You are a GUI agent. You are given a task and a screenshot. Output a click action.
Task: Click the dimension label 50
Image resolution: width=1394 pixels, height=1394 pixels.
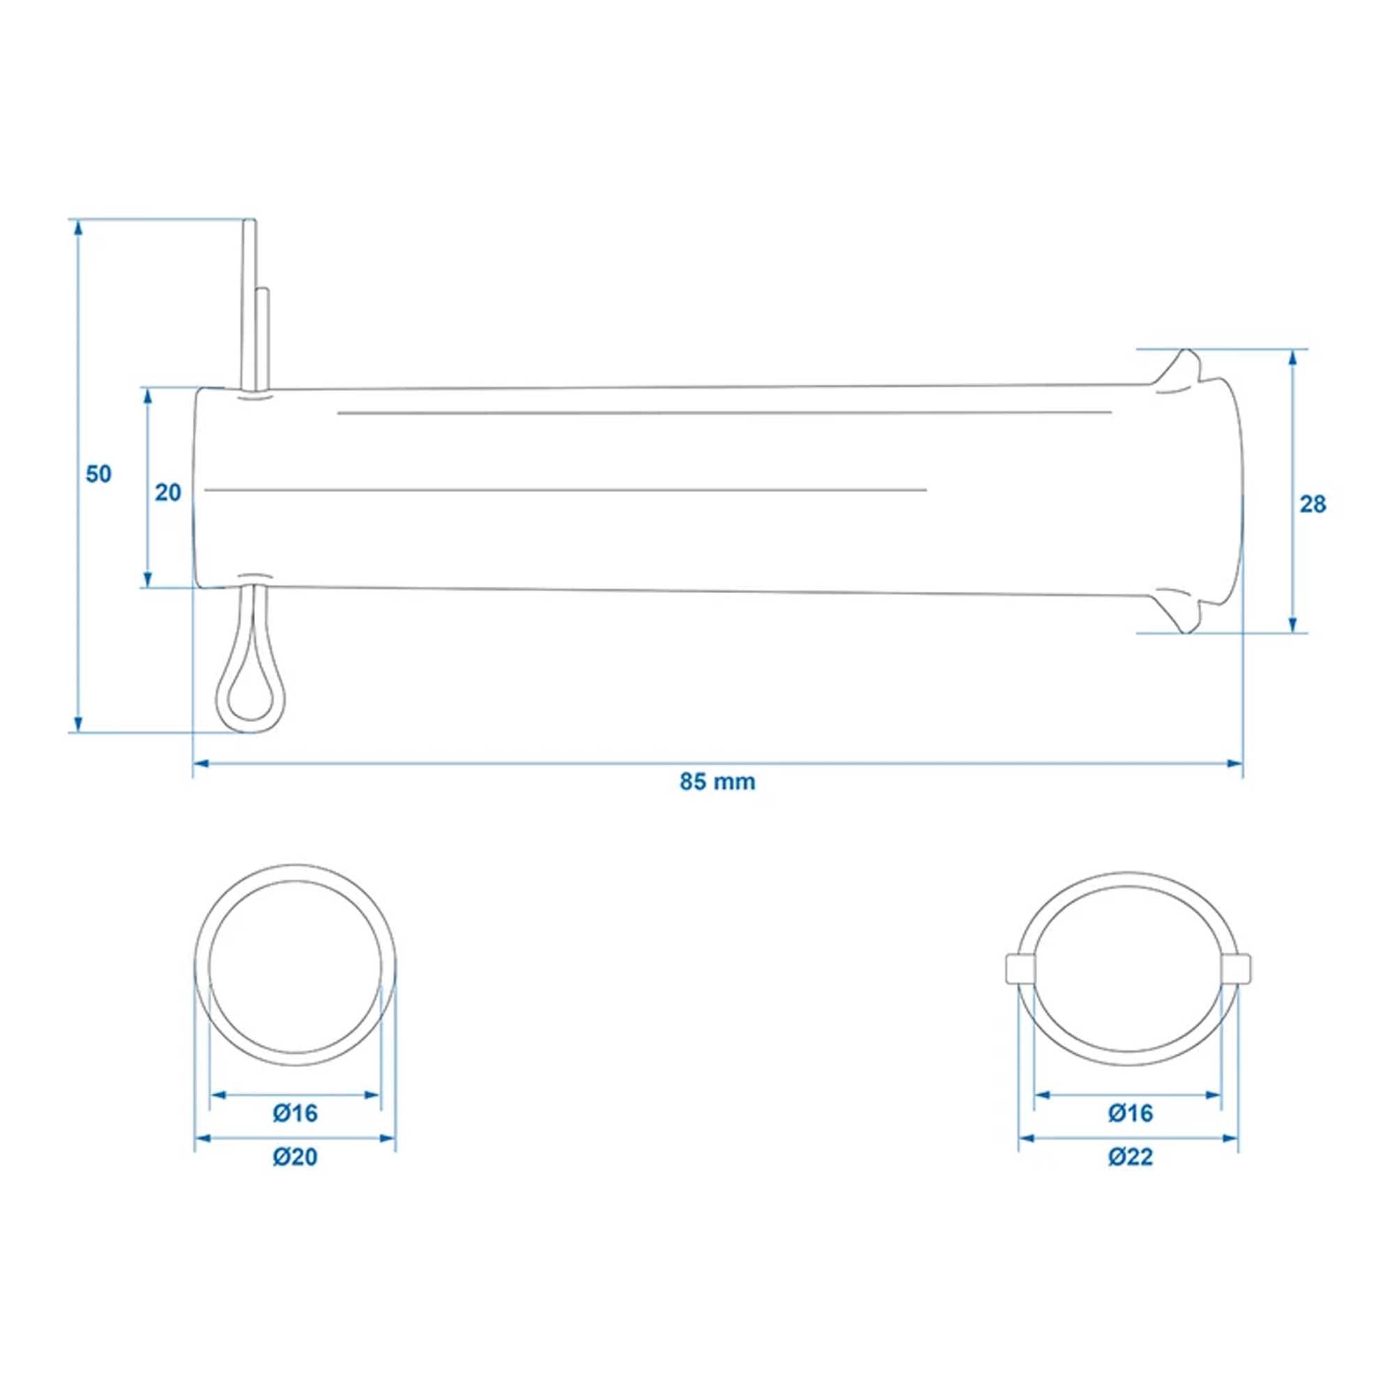pos(99,474)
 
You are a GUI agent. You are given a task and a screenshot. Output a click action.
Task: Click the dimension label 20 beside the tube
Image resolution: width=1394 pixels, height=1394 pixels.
pos(168,493)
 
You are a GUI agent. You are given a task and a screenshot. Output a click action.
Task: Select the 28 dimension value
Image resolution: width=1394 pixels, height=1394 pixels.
pos(1312,505)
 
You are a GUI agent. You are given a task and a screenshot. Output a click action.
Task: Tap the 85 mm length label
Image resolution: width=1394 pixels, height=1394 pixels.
pos(717,781)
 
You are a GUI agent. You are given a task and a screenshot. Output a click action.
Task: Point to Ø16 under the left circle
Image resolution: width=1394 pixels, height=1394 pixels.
pos(295,1113)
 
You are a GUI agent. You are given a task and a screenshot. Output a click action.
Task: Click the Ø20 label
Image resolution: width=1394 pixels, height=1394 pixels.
pos(295,1157)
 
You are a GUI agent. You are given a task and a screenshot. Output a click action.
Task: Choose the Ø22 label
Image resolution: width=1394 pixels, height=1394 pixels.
pos(1131,1157)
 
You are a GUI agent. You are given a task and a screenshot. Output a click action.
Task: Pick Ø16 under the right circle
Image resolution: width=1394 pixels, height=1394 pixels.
pos(1131,1113)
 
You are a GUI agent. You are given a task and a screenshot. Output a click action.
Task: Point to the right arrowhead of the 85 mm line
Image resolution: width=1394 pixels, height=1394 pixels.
pos(1235,763)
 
